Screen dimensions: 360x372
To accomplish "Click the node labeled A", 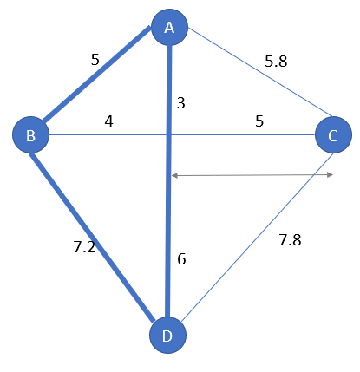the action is click(170, 28).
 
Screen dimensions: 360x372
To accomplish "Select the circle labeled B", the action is click(30, 134).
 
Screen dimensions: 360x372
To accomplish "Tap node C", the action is click(333, 134).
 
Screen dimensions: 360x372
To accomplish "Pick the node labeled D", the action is click(167, 335).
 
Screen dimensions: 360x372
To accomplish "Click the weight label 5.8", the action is click(276, 62).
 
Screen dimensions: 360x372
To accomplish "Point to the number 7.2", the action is click(84, 247).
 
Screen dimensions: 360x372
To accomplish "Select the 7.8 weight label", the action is click(290, 240).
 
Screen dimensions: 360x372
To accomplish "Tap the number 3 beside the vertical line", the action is click(181, 103).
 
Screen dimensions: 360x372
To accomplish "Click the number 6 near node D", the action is click(181, 258).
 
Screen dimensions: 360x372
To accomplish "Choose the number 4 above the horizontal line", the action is click(108, 121).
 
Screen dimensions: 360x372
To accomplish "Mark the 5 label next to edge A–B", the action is click(95, 60).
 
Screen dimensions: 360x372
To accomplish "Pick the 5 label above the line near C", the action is click(259, 121).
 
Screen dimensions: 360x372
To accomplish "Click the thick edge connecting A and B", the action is click(96, 75).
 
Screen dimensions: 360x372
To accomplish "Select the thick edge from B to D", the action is click(92, 238).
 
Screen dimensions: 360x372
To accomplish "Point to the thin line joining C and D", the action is click(258, 238).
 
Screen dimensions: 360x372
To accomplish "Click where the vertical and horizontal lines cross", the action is click(168, 134).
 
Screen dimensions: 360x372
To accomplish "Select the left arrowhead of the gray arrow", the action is click(174, 175).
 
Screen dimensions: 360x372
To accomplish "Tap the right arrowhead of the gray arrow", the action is click(331, 174).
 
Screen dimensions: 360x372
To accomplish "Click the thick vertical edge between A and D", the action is click(168, 181).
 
